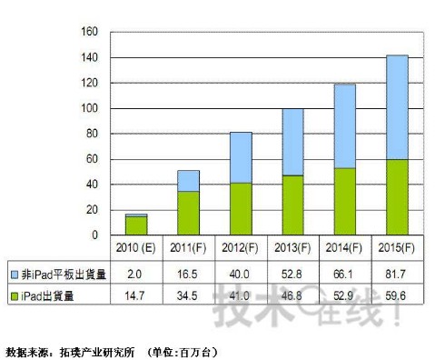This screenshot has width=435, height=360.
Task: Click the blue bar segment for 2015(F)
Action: point(397,107)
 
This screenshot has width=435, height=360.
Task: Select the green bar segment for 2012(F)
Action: point(240,209)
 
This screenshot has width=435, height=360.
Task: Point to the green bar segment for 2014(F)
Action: point(345,201)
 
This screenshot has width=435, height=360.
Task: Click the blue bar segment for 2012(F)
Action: point(240,157)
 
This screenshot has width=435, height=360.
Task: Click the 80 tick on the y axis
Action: point(92,134)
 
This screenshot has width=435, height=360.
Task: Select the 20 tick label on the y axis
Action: point(92,210)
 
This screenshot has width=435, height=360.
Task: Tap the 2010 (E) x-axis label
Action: point(135,246)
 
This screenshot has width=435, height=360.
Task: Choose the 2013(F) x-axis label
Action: point(292,246)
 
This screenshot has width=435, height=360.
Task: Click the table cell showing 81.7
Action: point(397,271)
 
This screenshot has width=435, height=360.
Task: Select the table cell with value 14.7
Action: point(135,296)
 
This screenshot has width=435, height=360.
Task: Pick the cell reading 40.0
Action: point(240,271)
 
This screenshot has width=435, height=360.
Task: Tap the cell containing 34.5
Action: point(188,296)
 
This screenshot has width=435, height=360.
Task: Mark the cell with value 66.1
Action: point(345,271)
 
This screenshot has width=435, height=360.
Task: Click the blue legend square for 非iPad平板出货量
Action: point(15,271)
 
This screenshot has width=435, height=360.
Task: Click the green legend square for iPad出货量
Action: point(15,296)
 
